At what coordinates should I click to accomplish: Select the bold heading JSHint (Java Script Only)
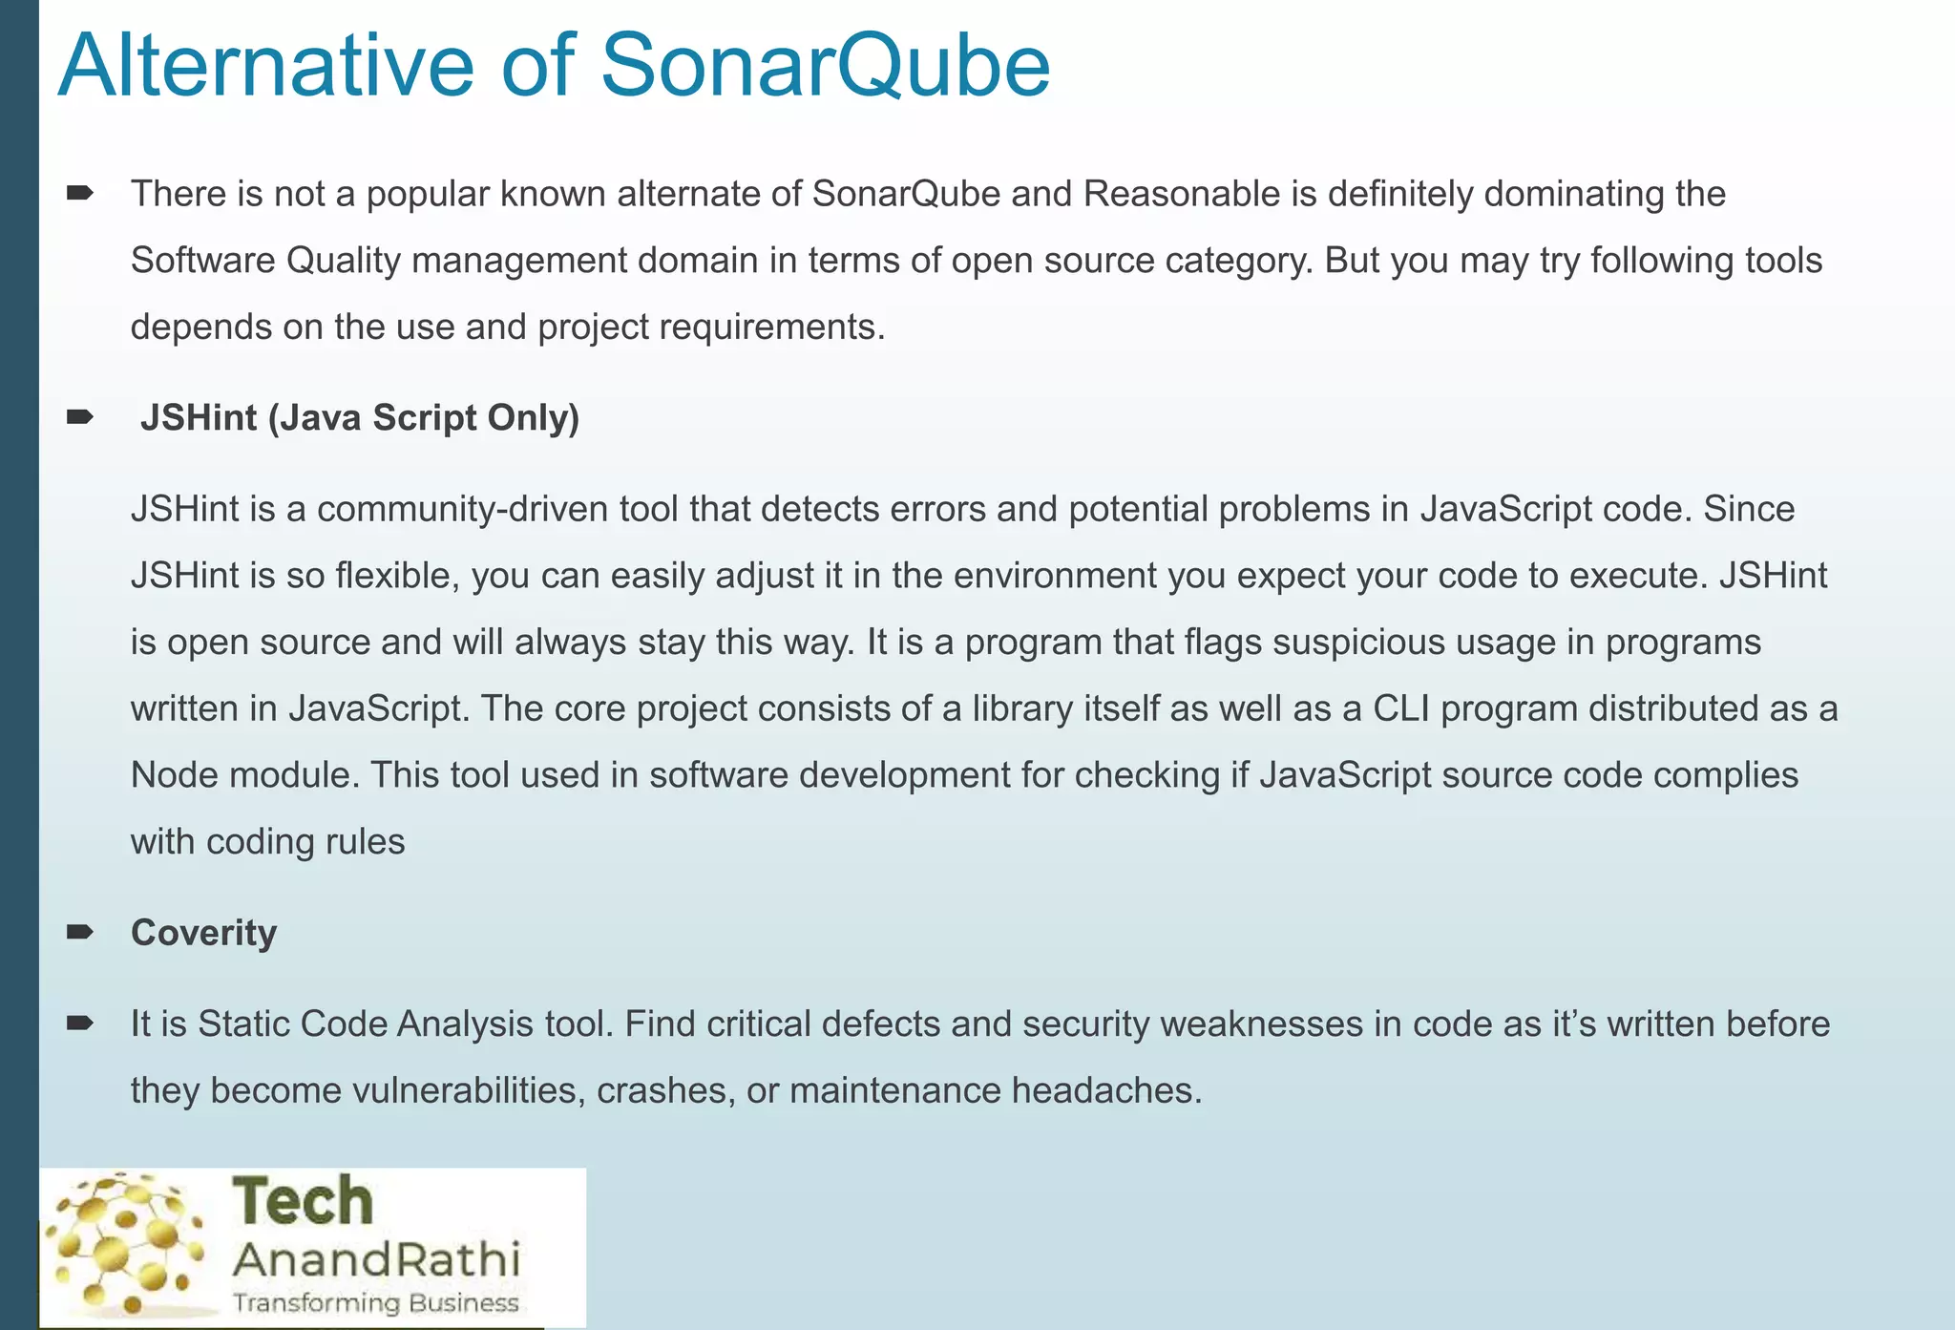(x=360, y=418)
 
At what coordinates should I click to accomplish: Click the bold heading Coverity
(x=203, y=933)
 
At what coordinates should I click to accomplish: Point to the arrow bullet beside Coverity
(x=80, y=932)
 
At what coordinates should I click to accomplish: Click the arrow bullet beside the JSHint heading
(x=80, y=417)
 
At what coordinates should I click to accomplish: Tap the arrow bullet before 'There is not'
(x=80, y=194)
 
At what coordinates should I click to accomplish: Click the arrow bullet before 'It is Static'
(x=80, y=1024)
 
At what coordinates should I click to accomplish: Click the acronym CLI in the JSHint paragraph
(x=1400, y=708)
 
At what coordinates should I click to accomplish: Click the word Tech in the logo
(x=303, y=1201)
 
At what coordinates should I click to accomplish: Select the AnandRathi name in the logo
(x=377, y=1259)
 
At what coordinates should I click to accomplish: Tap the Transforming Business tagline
(x=376, y=1303)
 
